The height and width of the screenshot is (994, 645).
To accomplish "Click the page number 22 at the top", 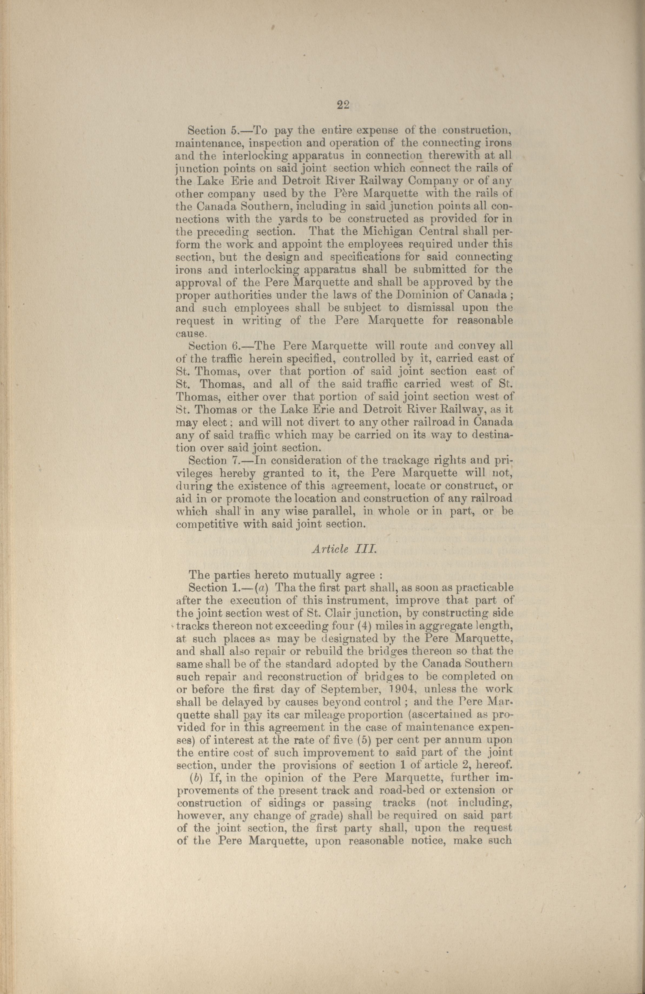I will [x=343, y=105].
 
